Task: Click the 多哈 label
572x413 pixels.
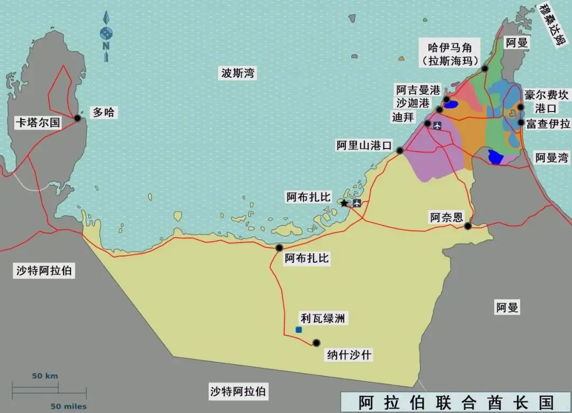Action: pos(103,112)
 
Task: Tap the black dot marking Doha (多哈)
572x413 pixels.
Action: pos(78,118)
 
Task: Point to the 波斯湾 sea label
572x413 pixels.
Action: pos(238,74)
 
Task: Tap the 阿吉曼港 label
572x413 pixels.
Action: pos(418,90)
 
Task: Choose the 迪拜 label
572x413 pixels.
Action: pos(403,117)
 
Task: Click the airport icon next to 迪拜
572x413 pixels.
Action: pos(437,125)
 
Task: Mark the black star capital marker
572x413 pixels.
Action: pos(344,203)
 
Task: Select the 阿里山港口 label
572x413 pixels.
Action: pos(364,145)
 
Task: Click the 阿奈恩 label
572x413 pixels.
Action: pos(446,217)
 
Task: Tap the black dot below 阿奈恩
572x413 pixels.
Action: pos(468,226)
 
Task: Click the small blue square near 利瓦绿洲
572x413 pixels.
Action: pos(299,329)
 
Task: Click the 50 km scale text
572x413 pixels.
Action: pos(45,376)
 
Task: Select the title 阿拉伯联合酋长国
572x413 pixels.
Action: pos(455,402)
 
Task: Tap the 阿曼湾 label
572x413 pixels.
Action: pos(551,157)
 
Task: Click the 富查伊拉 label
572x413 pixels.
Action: pos(548,124)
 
